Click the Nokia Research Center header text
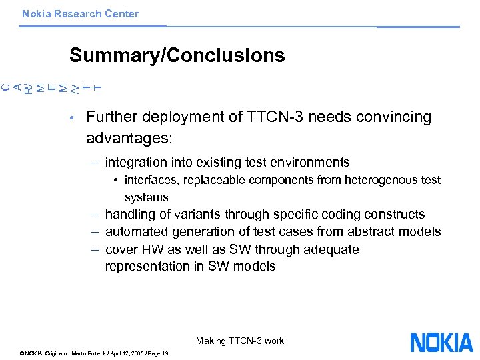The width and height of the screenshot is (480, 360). click(x=80, y=13)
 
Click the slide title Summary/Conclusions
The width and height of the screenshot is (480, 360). click(x=177, y=55)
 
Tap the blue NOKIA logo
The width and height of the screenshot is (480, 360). click(x=441, y=343)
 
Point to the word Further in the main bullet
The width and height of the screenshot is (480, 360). click(x=110, y=117)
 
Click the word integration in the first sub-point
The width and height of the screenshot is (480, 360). click(x=133, y=162)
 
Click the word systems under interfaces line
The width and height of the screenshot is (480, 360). click(x=146, y=197)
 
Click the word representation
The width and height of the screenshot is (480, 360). click(x=149, y=267)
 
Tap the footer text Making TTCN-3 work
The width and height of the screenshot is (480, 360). click(x=240, y=341)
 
